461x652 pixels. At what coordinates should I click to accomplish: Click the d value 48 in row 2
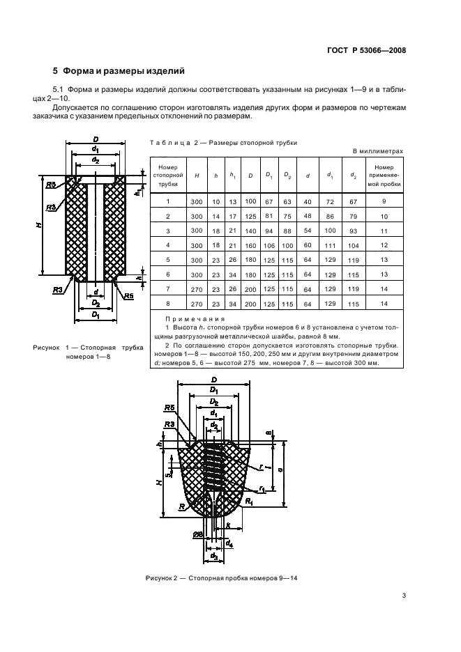coord(307,216)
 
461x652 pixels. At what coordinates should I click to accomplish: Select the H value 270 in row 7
coord(198,288)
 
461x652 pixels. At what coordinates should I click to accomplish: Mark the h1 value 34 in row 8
coord(233,303)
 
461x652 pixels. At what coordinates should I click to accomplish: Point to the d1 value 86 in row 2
coord(329,216)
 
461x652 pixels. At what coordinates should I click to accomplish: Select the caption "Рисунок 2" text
coord(163,577)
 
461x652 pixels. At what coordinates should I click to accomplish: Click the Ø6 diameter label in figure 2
coord(197,534)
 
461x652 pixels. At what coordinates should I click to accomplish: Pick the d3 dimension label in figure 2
coord(214,557)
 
